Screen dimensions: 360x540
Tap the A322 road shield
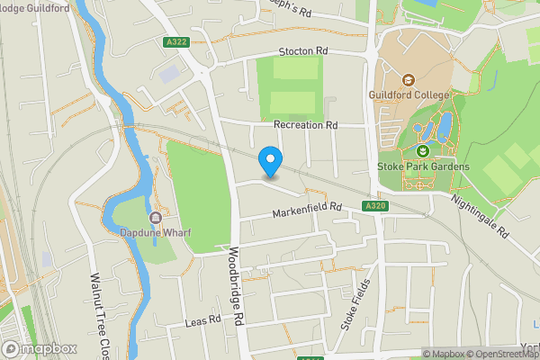pyautogui.click(x=177, y=41)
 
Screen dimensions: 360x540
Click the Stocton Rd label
pyautogui.click(x=303, y=50)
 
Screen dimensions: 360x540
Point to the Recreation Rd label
pyautogui.click(x=305, y=124)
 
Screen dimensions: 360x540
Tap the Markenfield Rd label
pyautogui.click(x=308, y=209)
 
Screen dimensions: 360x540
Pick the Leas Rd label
pyautogui.click(x=202, y=319)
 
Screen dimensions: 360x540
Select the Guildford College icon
pyautogui.click(x=408, y=79)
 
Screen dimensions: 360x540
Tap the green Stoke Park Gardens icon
pyautogui.click(x=423, y=151)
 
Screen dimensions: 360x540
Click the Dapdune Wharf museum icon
pyautogui.click(x=156, y=218)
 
